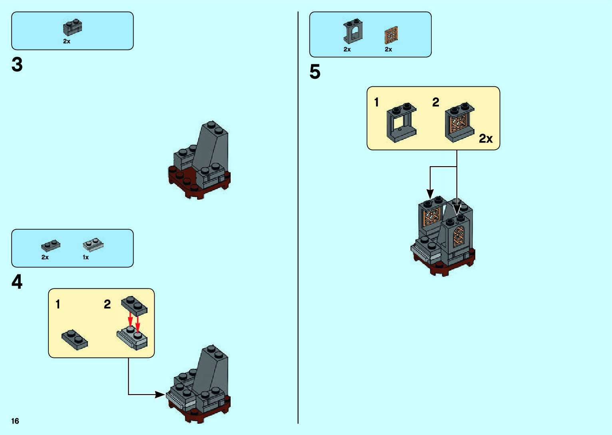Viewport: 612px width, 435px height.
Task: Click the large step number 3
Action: [x=17, y=65]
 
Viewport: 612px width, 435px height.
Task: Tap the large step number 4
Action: [x=17, y=282]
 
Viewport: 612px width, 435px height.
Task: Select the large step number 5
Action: [x=315, y=72]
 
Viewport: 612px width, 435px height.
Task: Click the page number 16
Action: [x=15, y=421]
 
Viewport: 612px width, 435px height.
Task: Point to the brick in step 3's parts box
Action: [x=72, y=28]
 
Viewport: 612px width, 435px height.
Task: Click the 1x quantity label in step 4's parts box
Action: [x=86, y=258]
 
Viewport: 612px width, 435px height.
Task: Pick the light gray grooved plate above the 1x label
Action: [x=93, y=244]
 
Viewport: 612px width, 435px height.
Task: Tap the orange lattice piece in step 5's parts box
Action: [x=391, y=36]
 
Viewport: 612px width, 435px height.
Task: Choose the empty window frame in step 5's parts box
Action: [x=353, y=31]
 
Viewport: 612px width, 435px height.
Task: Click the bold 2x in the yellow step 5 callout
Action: [x=486, y=139]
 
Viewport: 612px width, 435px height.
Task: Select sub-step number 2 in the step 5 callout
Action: [x=436, y=102]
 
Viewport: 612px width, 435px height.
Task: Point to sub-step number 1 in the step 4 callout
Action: [x=58, y=304]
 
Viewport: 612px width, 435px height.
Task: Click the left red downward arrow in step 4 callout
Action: [x=130, y=320]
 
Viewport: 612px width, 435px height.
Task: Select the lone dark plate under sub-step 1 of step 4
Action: [x=75, y=340]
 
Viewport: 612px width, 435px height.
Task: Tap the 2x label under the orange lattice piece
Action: [x=389, y=50]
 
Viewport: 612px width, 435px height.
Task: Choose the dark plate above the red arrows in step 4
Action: [x=134, y=306]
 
